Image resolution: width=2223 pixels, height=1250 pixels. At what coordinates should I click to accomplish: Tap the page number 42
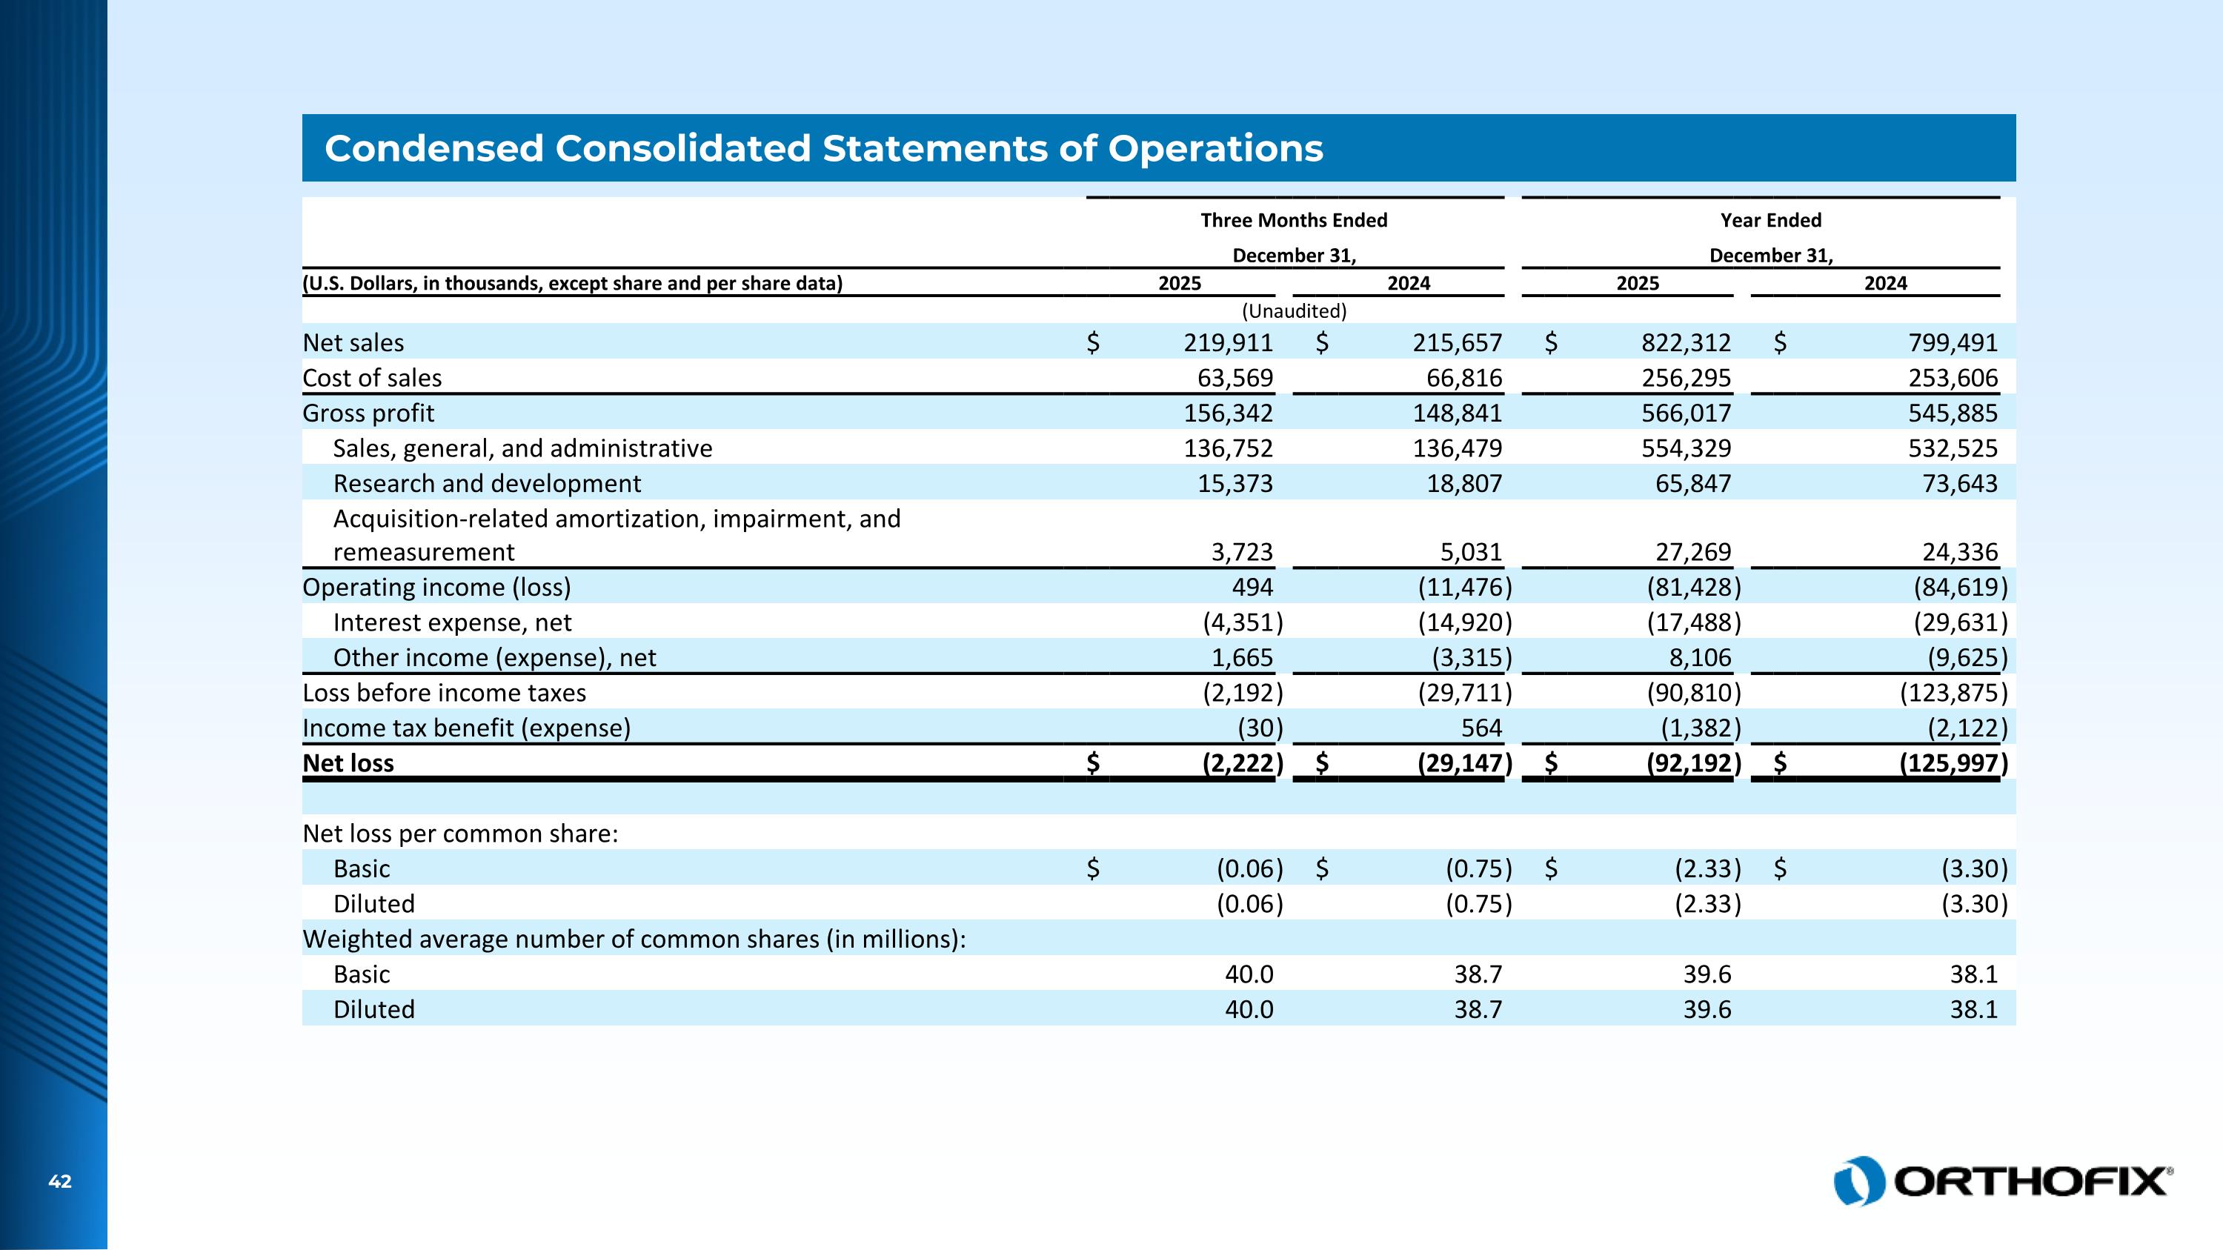click(x=59, y=1182)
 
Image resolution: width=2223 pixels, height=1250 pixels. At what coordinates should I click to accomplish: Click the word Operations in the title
click(x=1215, y=148)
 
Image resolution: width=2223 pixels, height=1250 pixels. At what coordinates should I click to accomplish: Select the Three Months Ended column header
click(x=1294, y=220)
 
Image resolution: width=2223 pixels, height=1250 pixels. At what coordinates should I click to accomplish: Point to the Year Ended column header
click(x=1770, y=220)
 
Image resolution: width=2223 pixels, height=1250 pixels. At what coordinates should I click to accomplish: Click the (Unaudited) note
click(x=1294, y=310)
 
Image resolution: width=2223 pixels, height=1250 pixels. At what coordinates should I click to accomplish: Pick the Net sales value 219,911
click(x=1227, y=342)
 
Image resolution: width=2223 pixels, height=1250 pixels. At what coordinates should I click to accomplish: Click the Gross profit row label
click(x=368, y=413)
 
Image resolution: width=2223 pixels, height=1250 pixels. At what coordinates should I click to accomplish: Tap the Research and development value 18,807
click(x=1463, y=483)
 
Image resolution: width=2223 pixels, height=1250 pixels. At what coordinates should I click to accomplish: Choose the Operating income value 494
click(x=1252, y=588)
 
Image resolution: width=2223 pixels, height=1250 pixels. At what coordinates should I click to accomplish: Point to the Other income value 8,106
click(x=1699, y=657)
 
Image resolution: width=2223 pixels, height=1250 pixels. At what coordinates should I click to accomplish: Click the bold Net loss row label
click(x=348, y=763)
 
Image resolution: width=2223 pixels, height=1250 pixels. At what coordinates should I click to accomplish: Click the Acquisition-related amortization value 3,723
click(x=1241, y=552)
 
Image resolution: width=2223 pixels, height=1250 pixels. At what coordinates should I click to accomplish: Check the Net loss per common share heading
click(x=460, y=834)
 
